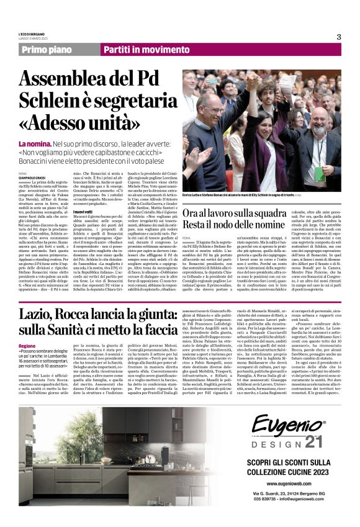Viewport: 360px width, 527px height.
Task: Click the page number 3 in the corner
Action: [x=338, y=37]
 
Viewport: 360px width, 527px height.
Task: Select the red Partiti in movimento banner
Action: [x=138, y=50]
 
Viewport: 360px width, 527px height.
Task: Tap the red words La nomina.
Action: [x=34, y=144]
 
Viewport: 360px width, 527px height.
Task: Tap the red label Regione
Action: [x=27, y=345]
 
